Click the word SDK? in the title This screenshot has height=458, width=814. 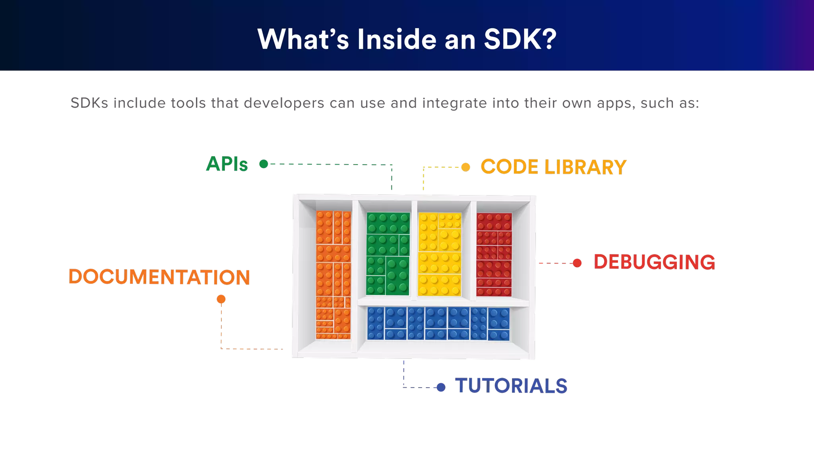tap(520, 39)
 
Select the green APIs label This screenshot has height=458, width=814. tap(227, 164)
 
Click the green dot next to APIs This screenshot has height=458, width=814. tap(264, 164)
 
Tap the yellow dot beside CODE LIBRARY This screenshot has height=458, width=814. tap(465, 167)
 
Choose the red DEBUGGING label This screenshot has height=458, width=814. tap(654, 262)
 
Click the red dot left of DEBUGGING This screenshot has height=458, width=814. tap(577, 263)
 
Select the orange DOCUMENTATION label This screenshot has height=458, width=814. tap(159, 277)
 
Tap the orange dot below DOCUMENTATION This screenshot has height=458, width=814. tap(221, 299)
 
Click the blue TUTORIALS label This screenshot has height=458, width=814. tap(511, 386)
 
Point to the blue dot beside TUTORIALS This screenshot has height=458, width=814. tap(441, 387)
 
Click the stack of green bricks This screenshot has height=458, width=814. tap(388, 254)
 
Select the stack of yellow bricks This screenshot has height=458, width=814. tap(440, 254)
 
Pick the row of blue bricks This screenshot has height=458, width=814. tap(438, 323)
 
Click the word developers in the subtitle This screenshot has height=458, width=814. tap(284, 103)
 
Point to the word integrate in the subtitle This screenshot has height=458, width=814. tap(454, 103)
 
